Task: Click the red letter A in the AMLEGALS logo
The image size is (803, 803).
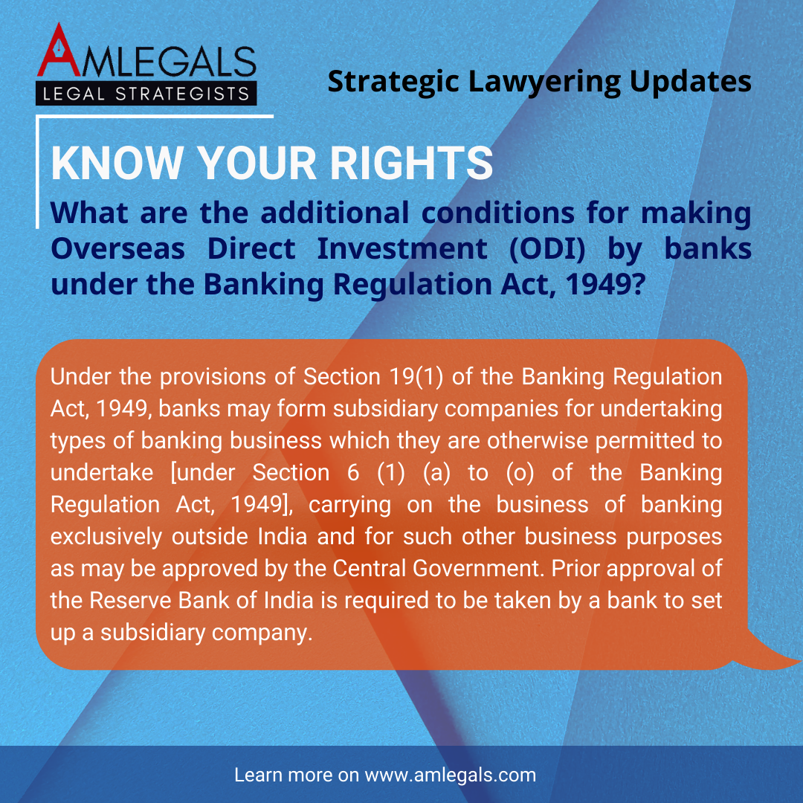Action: (x=59, y=51)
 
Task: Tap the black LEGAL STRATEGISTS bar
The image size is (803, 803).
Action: (x=146, y=93)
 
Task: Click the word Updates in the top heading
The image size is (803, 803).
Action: (x=690, y=82)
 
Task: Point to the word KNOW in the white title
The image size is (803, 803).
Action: (x=117, y=163)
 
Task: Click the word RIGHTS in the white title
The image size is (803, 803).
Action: (x=411, y=163)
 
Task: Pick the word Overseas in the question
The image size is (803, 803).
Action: (x=117, y=249)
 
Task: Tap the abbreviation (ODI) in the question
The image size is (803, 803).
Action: (x=547, y=249)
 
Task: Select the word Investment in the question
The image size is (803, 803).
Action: (x=402, y=249)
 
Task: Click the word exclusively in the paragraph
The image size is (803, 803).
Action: (x=106, y=537)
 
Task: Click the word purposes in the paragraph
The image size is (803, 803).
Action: (x=674, y=538)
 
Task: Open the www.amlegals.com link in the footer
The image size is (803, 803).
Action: (x=450, y=775)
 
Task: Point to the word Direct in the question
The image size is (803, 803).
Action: (x=251, y=249)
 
